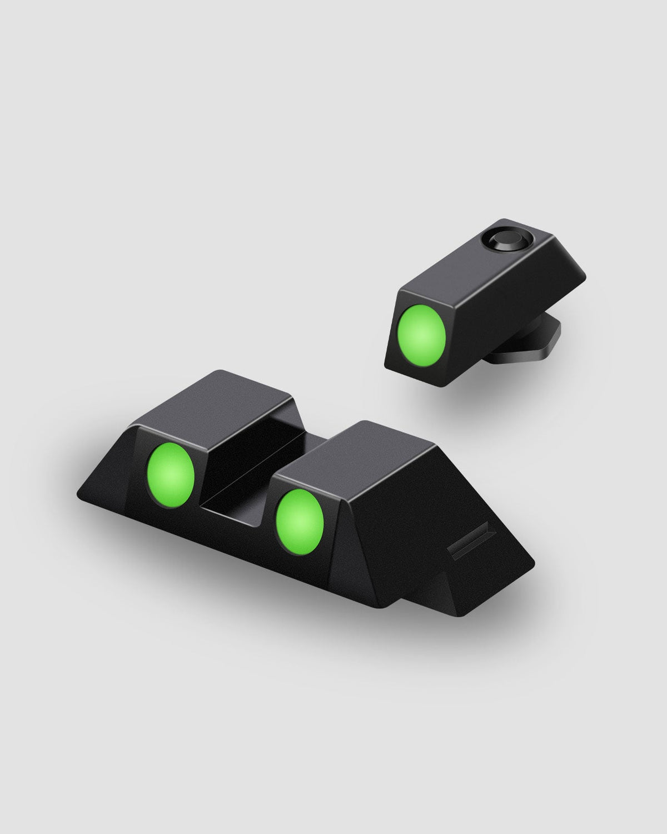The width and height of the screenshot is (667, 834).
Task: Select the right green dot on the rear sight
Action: tap(300, 520)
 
